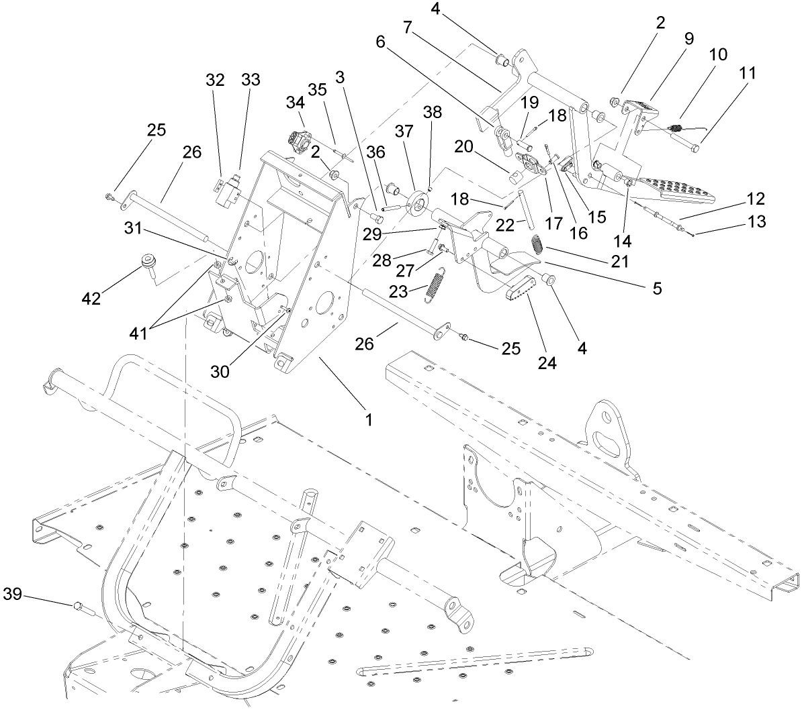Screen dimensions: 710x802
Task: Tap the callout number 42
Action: pos(91,298)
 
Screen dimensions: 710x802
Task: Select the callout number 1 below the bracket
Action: pos(368,419)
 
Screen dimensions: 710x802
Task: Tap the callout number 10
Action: pos(717,54)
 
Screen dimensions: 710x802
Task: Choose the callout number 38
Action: pos(432,112)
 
